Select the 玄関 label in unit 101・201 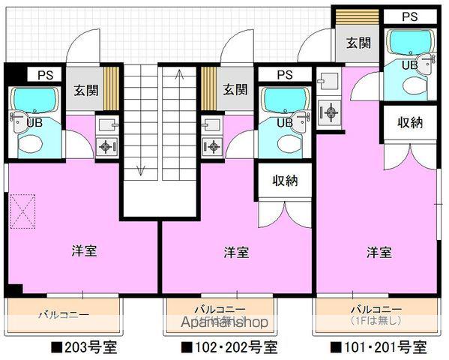point(358,43)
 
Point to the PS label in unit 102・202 point(284,75)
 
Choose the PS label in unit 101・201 point(409,16)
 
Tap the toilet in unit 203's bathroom point(32,142)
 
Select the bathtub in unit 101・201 point(409,42)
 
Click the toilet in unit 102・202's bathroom point(287,142)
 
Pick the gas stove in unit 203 point(107,146)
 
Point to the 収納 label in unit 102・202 point(285,180)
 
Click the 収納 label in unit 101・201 point(409,122)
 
